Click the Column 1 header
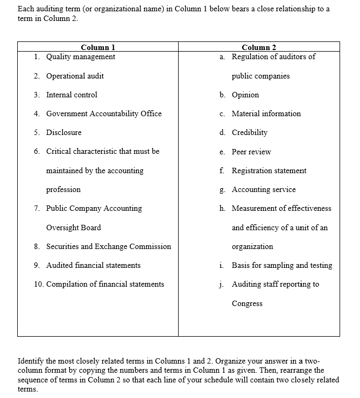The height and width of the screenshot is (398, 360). (x=97, y=47)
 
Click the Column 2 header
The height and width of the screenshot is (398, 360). (x=259, y=47)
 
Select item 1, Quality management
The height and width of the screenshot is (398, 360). (x=80, y=57)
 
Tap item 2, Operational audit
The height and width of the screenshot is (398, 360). (x=75, y=76)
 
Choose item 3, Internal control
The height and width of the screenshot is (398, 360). (x=72, y=95)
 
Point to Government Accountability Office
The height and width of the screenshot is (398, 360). (x=103, y=113)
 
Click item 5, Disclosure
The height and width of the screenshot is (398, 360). (x=63, y=132)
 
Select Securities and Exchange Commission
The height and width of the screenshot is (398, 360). (x=108, y=246)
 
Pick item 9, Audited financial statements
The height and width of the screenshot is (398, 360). (x=93, y=265)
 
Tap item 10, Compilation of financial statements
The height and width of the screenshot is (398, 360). (x=105, y=284)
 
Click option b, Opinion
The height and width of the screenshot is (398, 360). (x=245, y=95)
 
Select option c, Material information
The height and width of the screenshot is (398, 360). (x=266, y=113)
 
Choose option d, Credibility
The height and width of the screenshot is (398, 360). (x=249, y=132)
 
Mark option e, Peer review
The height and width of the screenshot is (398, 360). (x=251, y=152)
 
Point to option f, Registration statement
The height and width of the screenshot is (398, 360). (x=269, y=170)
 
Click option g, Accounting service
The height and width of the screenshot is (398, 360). (x=263, y=189)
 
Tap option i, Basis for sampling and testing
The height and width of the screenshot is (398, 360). (x=281, y=265)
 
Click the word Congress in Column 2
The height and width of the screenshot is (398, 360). (x=247, y=303)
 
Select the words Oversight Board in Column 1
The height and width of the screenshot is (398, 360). (x=73, y=228)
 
